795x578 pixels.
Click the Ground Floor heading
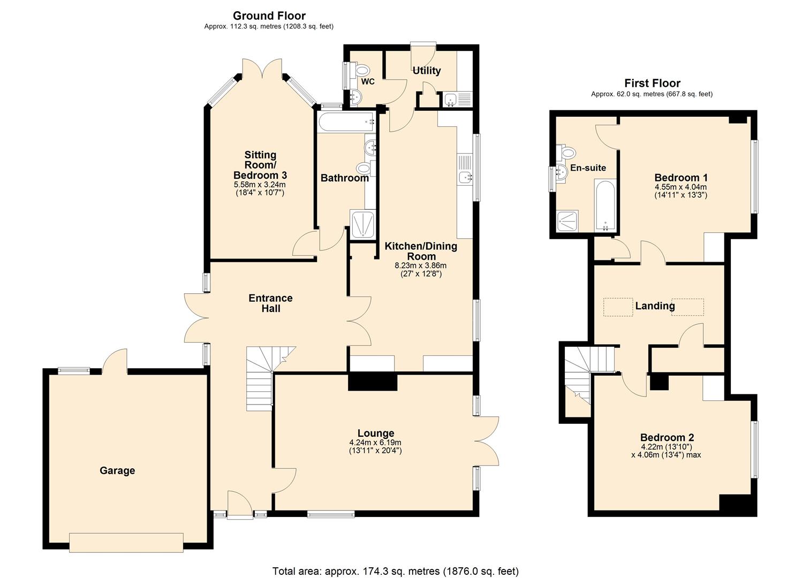pyautogui.click(x=269, y=16)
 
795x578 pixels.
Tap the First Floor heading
pyautogui.click(x=652, y=83)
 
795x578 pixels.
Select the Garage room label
pyautogui.click(x=117, y=470)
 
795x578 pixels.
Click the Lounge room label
pyautogui.click(x=375, y=433)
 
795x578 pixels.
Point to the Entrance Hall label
pyautogui.click(x=270, y=303)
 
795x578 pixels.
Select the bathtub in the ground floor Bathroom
pyautogui.click(x=345, y=122)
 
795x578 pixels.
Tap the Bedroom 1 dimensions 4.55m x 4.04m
pyautogui.click(x=680, y=187)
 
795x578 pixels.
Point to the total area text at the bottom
pyautogui.click(x=395, y=571)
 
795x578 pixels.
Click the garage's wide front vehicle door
pyautogui.click(x=126, y=542)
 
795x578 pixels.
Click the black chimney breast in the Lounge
pyautogui.click(x=373, y=382)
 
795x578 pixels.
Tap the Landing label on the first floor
pyautogui.click(x=655, y=306)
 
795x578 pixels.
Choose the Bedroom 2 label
pyautogui.click(x=667, y=437)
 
